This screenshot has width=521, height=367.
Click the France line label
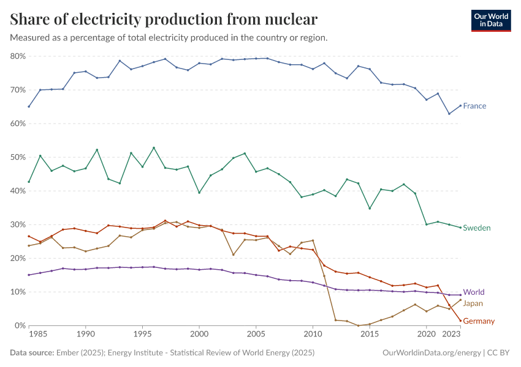[474, 106]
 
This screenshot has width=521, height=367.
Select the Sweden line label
[476, 228]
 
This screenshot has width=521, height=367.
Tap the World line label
[473, 292]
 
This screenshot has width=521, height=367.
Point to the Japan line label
[473, 303]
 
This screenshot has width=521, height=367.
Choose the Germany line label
[479, 321]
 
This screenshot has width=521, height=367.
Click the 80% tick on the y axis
[18, 56]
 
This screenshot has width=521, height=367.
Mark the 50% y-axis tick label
[18, 157]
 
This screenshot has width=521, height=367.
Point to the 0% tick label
[20, 325]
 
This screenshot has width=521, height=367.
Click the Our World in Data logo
[490, 20]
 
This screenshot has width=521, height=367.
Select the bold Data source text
[32, 353]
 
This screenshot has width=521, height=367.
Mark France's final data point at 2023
[460, 105]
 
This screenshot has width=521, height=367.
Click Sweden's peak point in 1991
[97, 150]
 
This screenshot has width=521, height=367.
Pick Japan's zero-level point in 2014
[358, 325]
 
